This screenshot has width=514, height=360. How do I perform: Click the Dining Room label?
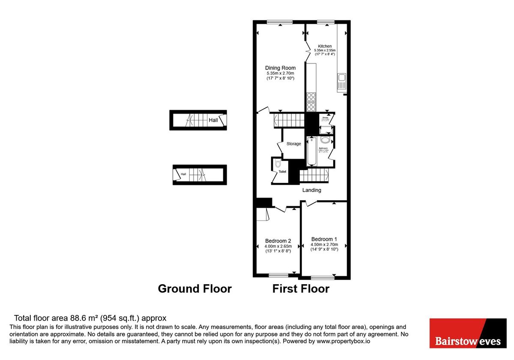click(280, 68)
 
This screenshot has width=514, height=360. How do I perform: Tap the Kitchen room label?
click(324, 46)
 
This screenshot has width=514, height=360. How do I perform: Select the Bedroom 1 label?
click(324, 239)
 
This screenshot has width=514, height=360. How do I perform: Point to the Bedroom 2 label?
click(278, 240)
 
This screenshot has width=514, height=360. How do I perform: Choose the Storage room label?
click(293, 144)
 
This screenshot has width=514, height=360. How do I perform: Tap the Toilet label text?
click(282, 171)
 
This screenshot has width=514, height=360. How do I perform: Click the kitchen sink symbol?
click(341, 78)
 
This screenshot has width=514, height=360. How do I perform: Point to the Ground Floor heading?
click(194, 288)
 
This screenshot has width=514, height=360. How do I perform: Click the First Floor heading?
click(301, 288)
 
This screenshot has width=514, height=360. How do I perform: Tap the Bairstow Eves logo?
click(468, 333)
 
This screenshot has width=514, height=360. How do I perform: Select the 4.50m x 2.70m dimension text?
click(324, 245)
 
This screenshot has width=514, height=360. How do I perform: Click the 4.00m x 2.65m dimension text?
click(278, 246)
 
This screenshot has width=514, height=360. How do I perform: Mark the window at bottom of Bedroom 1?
click(323, 278)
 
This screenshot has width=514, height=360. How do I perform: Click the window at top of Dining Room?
click(279, 22)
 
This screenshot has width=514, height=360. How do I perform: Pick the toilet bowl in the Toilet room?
click(278, 164)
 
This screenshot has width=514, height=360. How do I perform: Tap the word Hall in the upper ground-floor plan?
click(213, 120)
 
